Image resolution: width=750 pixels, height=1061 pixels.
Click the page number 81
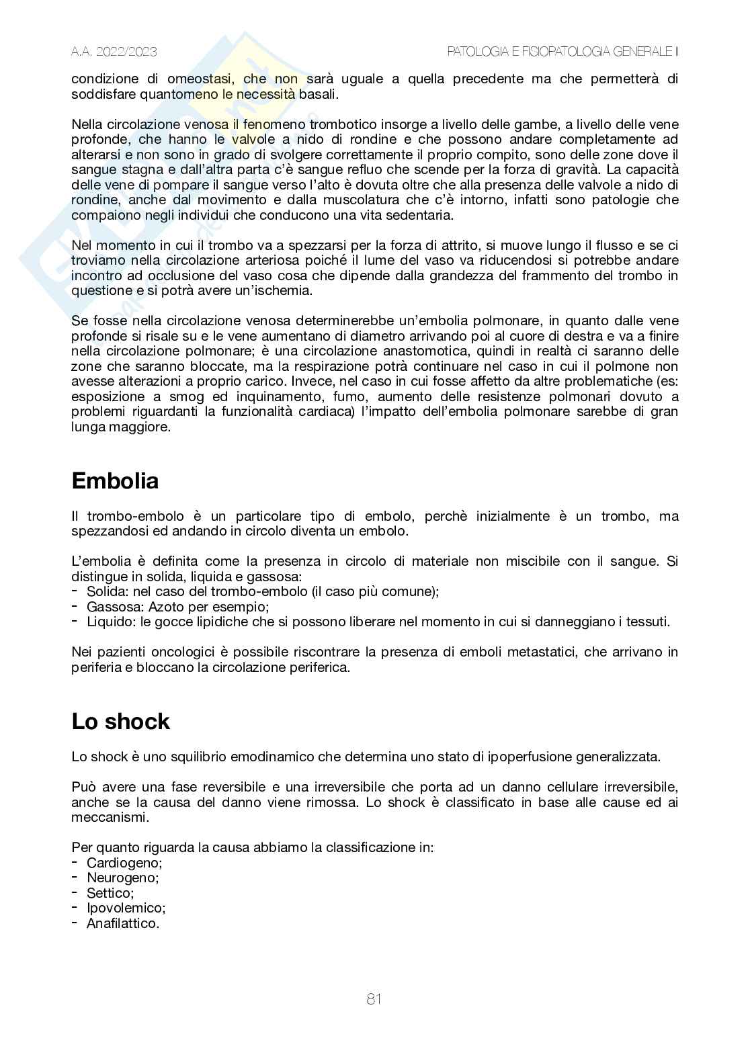(374, 999)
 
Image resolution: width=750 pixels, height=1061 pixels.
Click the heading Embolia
(115, 481)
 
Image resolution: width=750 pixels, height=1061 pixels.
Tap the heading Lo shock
(121, 722)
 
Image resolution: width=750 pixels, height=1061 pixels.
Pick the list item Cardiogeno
(124, 863)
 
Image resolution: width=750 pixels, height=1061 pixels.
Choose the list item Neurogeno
(122, 878)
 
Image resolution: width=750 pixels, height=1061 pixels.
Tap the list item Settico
(110, 893)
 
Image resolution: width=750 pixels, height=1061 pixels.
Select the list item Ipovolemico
(126, 908)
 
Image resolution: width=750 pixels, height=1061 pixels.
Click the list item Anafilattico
(123, 923)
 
